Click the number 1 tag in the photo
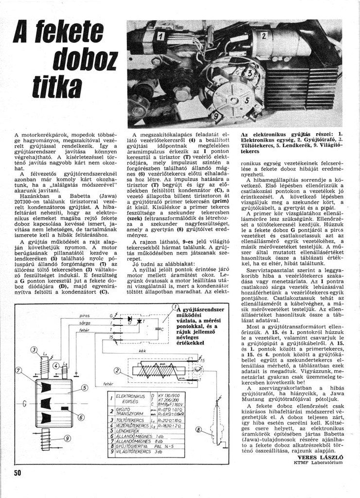161,36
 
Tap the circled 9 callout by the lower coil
67,438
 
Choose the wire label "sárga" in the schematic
84,322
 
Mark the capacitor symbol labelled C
157,329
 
